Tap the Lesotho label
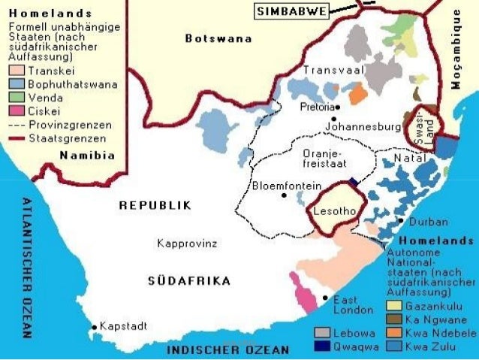point(335,211)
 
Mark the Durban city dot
point(402,221)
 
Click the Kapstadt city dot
point(94,327)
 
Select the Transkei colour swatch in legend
point(16,70)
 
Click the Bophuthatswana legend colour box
point(16,83)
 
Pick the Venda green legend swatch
point(16,98)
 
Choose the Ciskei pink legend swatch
point(16,112)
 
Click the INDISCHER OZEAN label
point(227,350)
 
